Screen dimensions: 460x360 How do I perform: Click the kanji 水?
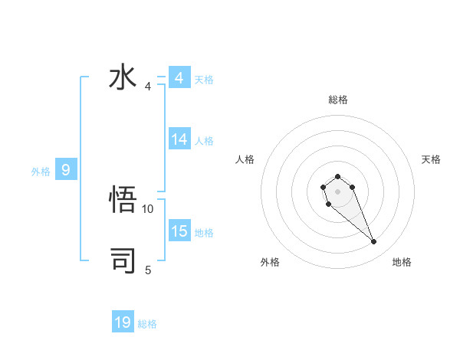(123, 78)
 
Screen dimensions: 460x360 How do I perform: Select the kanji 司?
(123, 260)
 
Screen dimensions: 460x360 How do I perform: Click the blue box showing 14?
(179, 139)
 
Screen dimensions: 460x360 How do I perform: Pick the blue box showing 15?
(179, 231)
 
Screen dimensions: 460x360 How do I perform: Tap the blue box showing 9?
(66, 171)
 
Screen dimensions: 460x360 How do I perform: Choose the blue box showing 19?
(123, 322)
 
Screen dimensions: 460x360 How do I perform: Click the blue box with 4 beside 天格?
(179, 78)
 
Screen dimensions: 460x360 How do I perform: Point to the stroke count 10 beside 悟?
(148, 208)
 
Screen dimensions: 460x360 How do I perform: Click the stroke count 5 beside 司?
(148, 270)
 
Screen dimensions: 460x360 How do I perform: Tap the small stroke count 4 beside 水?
(148, 87)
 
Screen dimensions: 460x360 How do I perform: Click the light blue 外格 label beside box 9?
(41, 172)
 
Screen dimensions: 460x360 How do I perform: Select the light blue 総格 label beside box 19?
(147, 324)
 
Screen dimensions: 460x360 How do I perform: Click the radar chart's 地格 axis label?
(402, 263)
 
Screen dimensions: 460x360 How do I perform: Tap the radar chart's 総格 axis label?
(337, 100)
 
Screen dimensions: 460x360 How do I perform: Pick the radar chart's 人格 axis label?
(245, 159)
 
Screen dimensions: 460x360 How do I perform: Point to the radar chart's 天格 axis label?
(431, 159)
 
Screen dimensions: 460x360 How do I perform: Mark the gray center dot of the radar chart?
(337, 191)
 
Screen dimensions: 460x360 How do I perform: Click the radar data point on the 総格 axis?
(337, 177)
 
